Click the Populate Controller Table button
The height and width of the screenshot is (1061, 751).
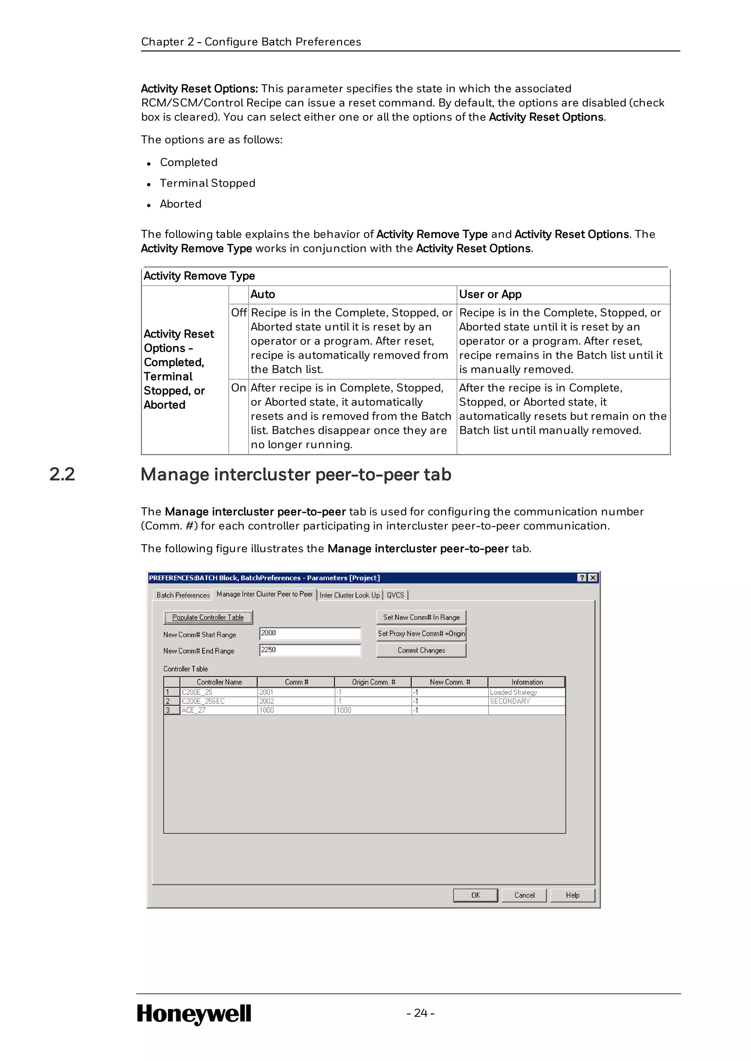[208, 617]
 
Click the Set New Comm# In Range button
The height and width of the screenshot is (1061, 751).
[421, 617]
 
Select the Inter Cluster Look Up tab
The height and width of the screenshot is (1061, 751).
[349, 595]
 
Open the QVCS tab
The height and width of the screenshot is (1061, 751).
[395, 595]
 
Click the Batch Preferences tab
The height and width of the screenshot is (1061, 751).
[183, 595]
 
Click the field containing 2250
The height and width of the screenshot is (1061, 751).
[310, 650]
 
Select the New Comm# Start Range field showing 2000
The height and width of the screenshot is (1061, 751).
[310, 633]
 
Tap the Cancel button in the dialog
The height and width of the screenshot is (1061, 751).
[524, 895]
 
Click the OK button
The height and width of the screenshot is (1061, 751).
[475, 895]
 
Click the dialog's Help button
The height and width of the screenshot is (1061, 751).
[572, 895]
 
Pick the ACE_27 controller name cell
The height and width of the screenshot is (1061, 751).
[218, 710]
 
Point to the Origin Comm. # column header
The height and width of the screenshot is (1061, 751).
[373, 682]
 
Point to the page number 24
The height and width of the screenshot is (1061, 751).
[420, 1013]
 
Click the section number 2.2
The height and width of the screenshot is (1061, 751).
[62, 474]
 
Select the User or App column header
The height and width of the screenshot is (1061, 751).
[490, 294]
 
